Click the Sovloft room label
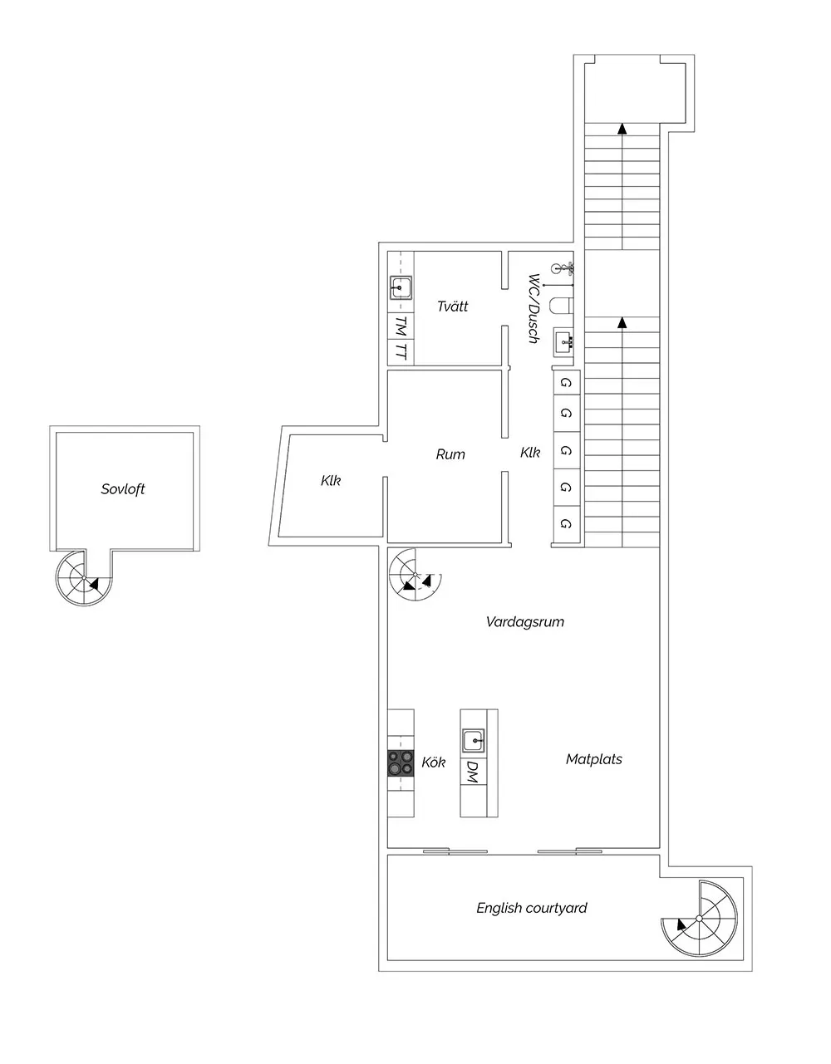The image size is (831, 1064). coord(123,488)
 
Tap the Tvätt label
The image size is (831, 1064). coord(452,306)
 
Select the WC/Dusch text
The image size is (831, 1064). coord(534,308)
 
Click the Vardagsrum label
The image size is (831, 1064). coord(525,622)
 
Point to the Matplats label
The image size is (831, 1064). coord(594,759)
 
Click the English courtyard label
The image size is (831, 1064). coord(532,908)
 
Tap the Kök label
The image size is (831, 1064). coord(434,762)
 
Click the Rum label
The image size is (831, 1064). coord(450,454)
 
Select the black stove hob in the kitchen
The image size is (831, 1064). coord(401,762)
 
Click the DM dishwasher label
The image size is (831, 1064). coord(473,772)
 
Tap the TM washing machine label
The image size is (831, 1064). coord(401,326)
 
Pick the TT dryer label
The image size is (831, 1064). coord(401,351)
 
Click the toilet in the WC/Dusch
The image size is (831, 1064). coord(562,305)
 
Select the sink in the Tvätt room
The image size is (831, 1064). coord(401,288)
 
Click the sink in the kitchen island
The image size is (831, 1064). coord(474,741)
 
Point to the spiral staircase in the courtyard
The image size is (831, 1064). coord(699,919)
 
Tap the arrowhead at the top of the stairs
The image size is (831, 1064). coord(622,129)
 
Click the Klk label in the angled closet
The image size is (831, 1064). coord(331,481)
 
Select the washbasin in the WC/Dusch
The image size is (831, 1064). coord(563,342)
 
